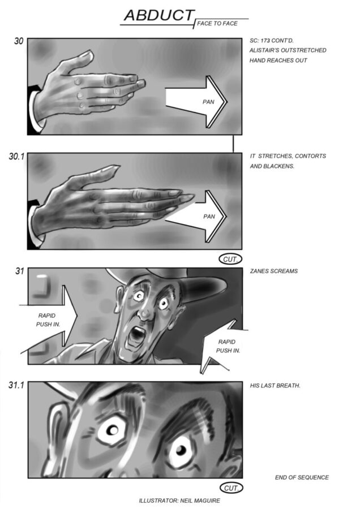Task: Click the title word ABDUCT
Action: [159, 15]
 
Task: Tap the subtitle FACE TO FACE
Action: [217, 23]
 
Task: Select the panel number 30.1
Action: [16, 157]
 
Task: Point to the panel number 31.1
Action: [16, 385]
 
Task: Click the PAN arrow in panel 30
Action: [196, 102]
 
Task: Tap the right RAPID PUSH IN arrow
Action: [224, 346]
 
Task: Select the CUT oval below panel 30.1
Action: [231, 260]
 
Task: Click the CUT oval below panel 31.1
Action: [232, 488]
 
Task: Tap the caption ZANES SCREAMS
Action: [273, 271]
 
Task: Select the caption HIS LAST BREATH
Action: [275, 386]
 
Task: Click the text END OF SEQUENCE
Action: [302, 477]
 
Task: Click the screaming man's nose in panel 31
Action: [145, 312]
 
